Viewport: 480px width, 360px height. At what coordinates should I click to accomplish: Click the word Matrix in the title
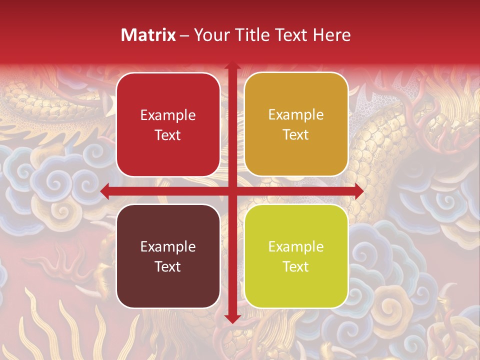point(148,35)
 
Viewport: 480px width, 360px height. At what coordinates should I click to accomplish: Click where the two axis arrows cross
point(232,191)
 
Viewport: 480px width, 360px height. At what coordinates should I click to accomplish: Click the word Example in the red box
point(168,115)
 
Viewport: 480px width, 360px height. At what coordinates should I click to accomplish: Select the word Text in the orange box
point(296,135)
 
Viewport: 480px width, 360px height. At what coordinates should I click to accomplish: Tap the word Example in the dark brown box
point(168,247)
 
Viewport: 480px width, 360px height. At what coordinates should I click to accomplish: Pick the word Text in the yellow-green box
point(296,266)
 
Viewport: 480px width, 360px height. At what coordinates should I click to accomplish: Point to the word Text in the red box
point(168,135)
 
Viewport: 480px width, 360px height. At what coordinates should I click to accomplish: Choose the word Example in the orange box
point(296,115)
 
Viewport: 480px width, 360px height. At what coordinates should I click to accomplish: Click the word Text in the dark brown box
point(168,266)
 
